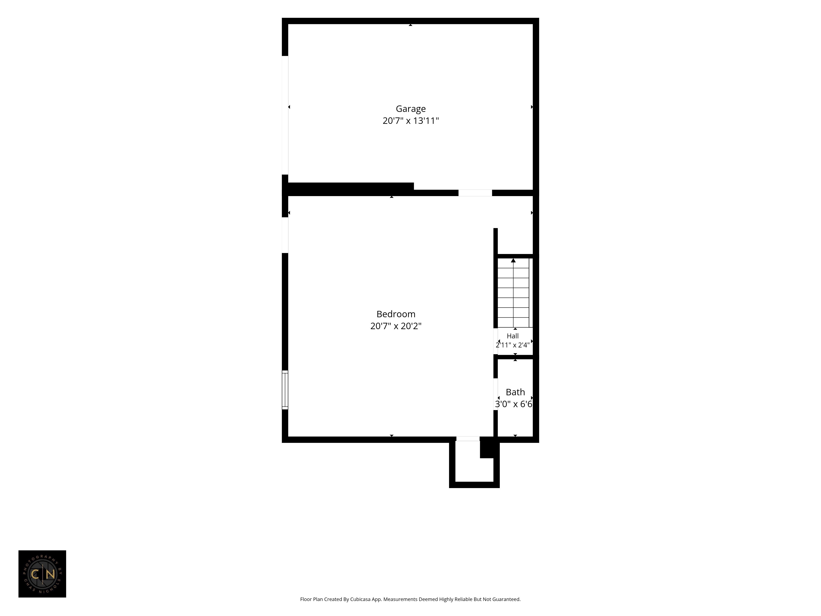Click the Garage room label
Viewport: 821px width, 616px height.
[x=410, y=109]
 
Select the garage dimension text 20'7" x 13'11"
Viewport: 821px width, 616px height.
[x=410, y=121]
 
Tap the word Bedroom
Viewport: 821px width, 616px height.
[x=396, y=314]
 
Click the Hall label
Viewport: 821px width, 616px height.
[x=513, y=336]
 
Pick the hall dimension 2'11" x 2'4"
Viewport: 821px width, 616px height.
[x=513, y=345]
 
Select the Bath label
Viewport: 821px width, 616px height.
[x=515, y=392]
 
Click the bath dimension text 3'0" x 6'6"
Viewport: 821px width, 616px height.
[x=514, y=404]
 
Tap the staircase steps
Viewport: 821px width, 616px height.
[x=513, y=293]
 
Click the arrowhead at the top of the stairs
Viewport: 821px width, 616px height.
[x=513, y=261]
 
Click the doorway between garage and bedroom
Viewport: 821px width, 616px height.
[x=475, y=193]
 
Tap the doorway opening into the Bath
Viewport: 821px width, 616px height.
[x=495, y=394]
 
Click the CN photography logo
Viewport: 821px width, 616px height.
[x=42, y=574]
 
